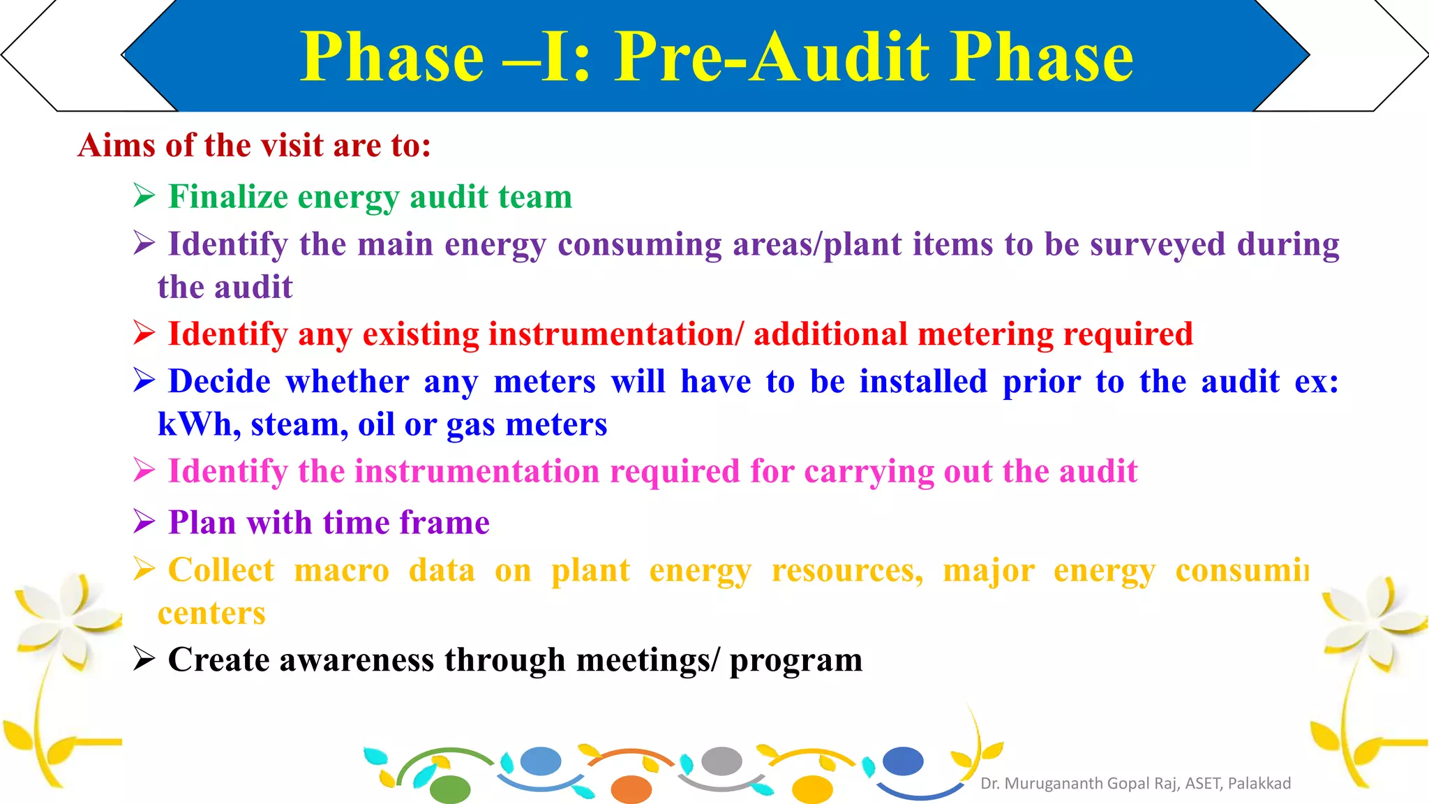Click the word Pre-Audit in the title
(771, 57)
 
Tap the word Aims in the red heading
(117, 146)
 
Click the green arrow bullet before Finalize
(144, 196)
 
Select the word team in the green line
(539, 197)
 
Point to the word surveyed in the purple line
(1157, 244)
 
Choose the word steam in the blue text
(299, 425)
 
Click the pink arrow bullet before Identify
(144, 471)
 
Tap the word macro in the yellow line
(341, 571)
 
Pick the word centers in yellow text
(211, 613)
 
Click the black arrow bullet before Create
(144, 660)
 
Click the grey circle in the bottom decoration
(721, 761)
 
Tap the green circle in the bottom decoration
(450, 789)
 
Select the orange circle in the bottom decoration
(631, 789)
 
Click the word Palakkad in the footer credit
(1259, 784)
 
